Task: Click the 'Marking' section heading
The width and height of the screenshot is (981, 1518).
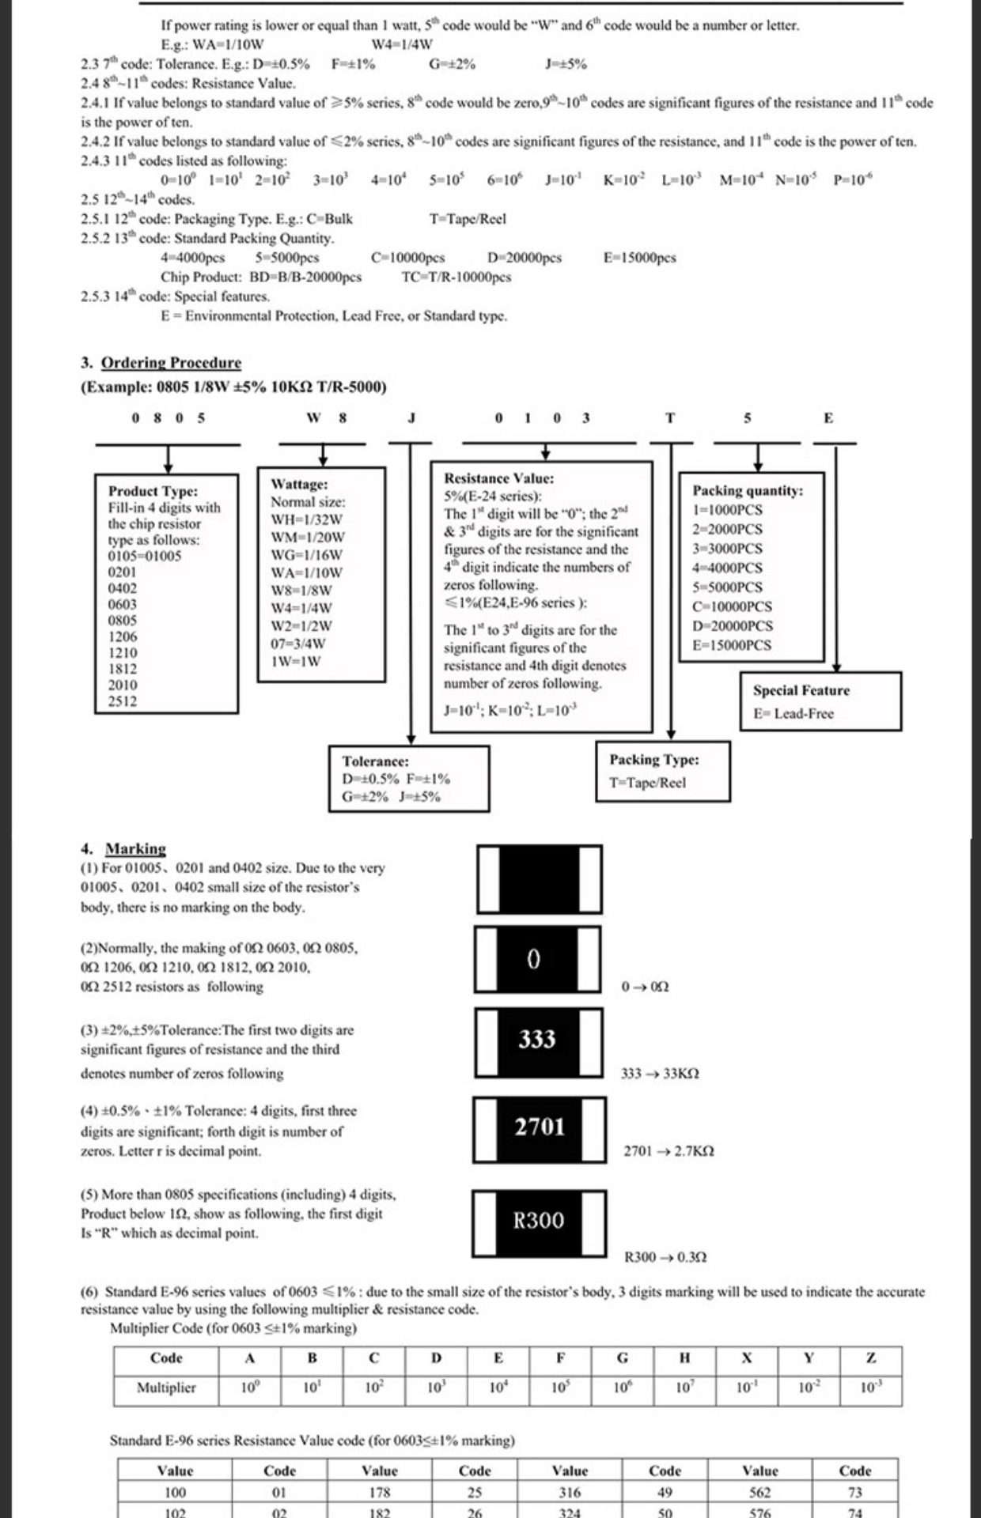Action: [x=135, y=849]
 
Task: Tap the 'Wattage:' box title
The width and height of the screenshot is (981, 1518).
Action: [x=299, y=484]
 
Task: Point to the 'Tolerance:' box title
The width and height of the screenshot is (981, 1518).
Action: [x=375, y=761]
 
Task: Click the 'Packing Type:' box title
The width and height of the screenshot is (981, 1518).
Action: [x=653, y=760]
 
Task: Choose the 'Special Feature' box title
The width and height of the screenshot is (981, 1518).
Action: [x=801, y=690]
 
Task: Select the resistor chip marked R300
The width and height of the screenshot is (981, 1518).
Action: [x=539, y=1222]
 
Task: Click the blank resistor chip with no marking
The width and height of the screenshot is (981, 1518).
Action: [x=539, y=879]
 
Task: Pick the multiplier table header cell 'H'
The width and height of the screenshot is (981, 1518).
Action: [x=684, y=1358]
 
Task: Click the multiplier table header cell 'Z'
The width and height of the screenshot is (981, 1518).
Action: [x=870, y=1358]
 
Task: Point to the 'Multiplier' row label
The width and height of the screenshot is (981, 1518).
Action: [x=166, y=1388]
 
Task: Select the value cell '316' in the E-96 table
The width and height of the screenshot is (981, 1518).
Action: [x=570, y=1492]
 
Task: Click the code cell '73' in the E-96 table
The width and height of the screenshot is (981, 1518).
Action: [x=854, y=1492]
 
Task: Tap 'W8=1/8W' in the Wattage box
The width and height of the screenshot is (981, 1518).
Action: [x=301, y=591]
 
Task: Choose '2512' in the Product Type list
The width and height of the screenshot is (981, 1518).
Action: [x=123, y=701]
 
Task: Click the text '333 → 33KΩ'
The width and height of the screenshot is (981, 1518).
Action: [x=660, y=1074]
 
